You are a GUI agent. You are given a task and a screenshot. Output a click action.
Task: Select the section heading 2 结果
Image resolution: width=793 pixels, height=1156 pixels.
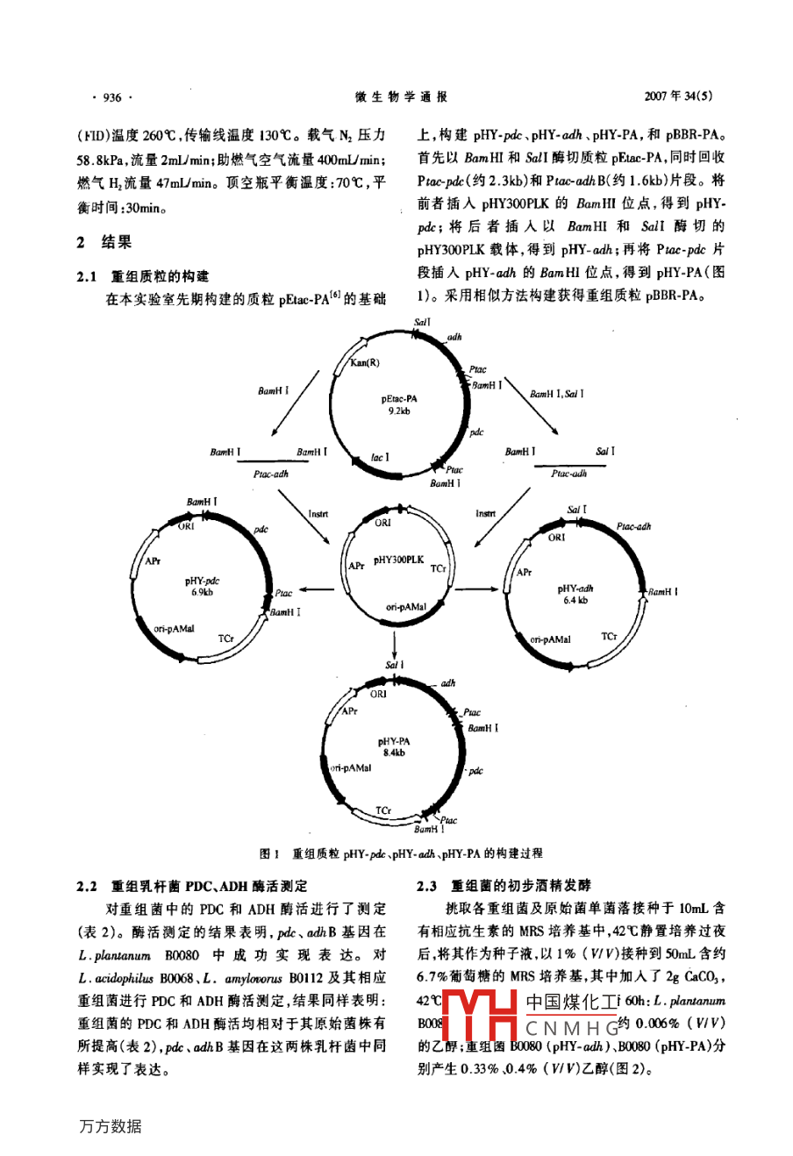104,242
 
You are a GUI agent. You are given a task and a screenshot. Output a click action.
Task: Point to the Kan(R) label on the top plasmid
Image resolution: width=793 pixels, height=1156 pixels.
365,362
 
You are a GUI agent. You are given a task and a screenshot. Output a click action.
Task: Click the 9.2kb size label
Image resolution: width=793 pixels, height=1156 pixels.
399,410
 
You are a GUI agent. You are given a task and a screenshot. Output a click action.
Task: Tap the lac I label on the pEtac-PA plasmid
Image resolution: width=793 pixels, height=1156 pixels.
380,457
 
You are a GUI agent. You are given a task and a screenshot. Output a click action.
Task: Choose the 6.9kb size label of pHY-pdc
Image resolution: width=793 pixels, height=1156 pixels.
202,592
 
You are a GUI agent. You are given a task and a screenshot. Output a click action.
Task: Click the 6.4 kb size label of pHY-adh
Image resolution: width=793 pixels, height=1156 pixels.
575,600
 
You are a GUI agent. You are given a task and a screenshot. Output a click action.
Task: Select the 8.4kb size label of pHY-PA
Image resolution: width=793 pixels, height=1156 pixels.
395,753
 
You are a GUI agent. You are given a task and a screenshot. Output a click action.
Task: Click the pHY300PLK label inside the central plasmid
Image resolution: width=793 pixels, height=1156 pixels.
398,560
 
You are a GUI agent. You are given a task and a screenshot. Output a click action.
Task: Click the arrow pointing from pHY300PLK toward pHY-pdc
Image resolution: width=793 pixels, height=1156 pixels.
317,589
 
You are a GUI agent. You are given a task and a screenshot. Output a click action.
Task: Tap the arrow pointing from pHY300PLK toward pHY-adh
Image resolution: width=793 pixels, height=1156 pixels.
479,589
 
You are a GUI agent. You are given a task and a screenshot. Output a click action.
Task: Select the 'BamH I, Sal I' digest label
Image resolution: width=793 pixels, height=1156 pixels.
556,394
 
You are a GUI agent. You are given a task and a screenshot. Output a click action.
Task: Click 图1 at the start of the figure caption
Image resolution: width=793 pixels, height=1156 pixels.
269,853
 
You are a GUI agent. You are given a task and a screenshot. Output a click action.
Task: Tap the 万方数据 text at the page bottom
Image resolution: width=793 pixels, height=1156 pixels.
110,1126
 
